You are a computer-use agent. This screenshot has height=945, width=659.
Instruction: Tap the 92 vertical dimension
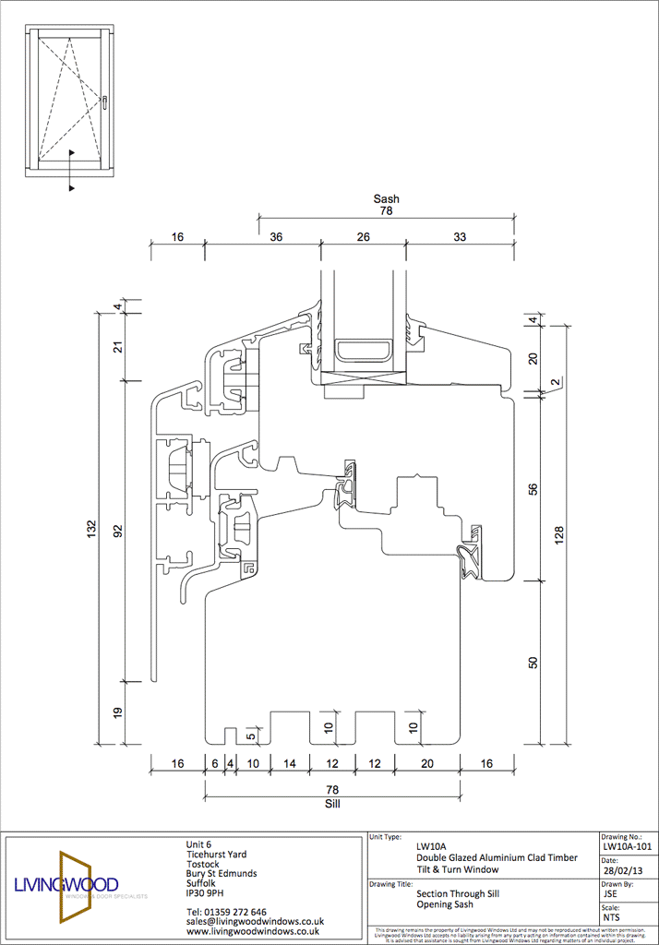(117, 532)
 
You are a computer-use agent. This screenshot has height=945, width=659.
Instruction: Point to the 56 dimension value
(533, 488)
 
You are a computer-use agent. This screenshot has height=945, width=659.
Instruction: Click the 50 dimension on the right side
(533, 663)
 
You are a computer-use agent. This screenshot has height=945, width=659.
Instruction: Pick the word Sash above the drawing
(386, 198)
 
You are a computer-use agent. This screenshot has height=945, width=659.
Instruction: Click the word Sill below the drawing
(333, 804)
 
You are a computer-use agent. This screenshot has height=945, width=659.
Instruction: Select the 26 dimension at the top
(364, 237)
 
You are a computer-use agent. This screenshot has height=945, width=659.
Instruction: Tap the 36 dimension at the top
(276, 237)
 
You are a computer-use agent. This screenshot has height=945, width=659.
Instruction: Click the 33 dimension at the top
(460, 237)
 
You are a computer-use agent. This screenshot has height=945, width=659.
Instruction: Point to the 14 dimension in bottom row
(289, 764)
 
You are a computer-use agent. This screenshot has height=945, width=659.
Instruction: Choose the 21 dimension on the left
(117, 347)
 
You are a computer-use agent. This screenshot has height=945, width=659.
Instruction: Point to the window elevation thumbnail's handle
(106, 102)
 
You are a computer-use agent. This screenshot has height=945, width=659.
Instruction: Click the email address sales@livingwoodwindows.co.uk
(255, 921)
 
